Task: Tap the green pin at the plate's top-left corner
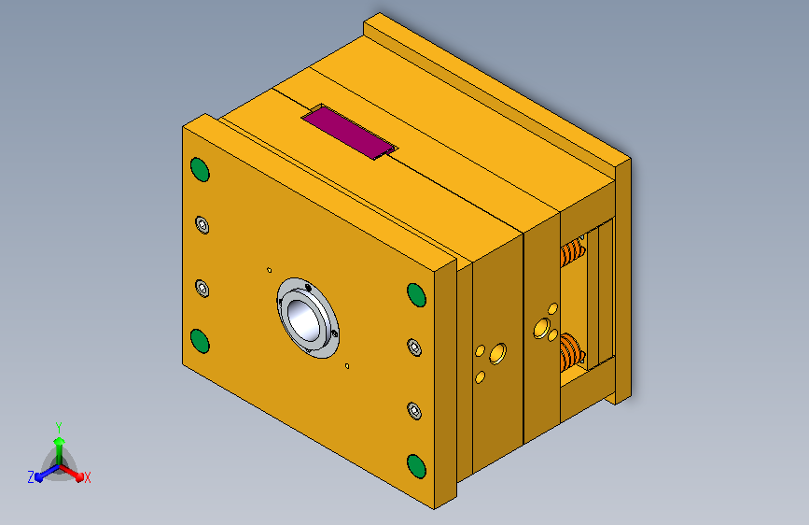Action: pos(199,169)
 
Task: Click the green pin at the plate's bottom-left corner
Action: pos(199,339)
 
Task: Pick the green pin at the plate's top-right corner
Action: pos(416,295)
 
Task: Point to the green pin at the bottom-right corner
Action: pos(416,465)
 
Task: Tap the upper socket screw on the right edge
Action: pos(415,348)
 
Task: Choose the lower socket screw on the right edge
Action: pos(415,410)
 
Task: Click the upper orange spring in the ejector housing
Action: pos(571,250)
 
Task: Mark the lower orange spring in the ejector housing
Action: pos(571,351)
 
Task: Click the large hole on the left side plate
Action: pos(496,353)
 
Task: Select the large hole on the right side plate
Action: pos(540,328)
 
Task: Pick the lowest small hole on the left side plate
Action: pos(480,376)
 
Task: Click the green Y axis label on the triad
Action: pos(58,425)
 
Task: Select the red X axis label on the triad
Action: pos(87,477)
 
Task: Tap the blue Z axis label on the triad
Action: pos(31,477)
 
